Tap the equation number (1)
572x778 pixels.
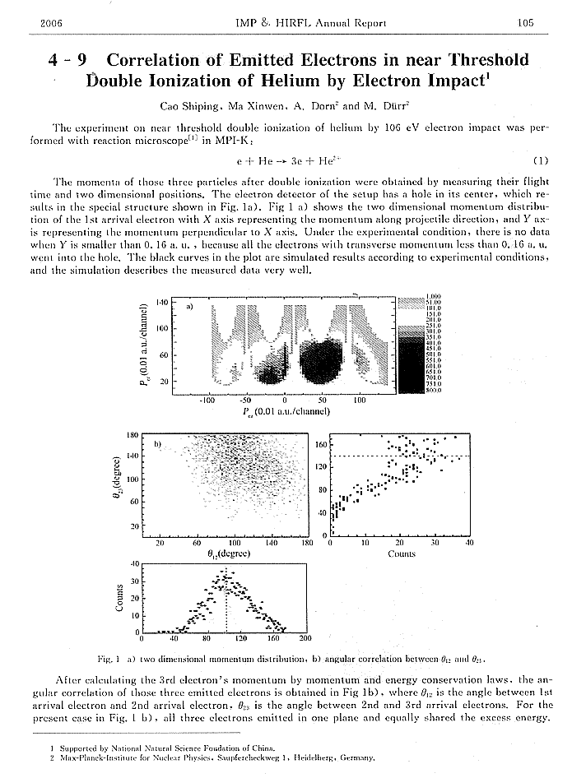click(541, 159)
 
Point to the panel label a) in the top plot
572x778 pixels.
click(189, 306)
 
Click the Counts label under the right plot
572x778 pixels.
click(401, 553)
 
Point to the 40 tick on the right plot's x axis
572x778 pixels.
click(469, 543)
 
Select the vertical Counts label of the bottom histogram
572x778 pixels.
click(121, 598)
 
